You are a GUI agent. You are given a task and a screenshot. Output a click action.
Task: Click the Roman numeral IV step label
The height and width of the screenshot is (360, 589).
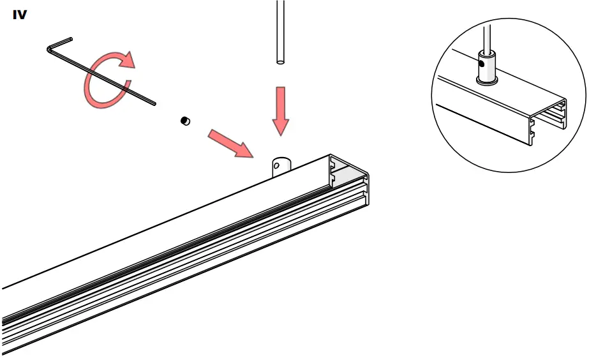(x=20, y=15)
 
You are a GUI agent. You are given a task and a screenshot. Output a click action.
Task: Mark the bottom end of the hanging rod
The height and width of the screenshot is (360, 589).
(x=280, y=62)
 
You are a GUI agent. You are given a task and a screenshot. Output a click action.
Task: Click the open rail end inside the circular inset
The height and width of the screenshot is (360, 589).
(x=549, y=118)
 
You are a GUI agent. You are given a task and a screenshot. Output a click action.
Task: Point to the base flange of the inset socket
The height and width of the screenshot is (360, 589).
(x=486, y=82)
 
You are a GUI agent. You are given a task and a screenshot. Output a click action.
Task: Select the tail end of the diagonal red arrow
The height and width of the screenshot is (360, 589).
(x=212, y=133)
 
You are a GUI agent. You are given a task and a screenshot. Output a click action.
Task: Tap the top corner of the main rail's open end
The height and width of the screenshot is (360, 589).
(x=331, y=155)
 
